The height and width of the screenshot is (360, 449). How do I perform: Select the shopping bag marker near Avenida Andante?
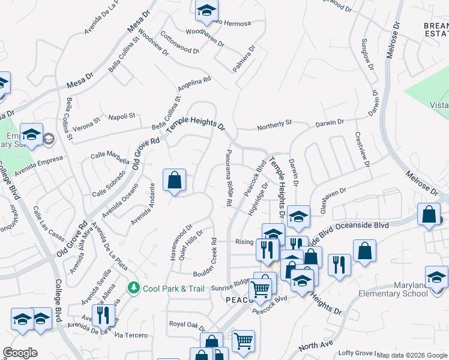(174, 180)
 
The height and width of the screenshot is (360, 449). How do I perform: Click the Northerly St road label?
(274, 123)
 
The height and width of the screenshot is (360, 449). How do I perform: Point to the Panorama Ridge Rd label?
(228, 178)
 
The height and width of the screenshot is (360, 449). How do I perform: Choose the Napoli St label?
(122, 117)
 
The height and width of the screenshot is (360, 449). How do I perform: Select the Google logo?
(20, 353)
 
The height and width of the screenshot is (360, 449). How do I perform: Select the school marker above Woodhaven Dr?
(206, 10)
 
